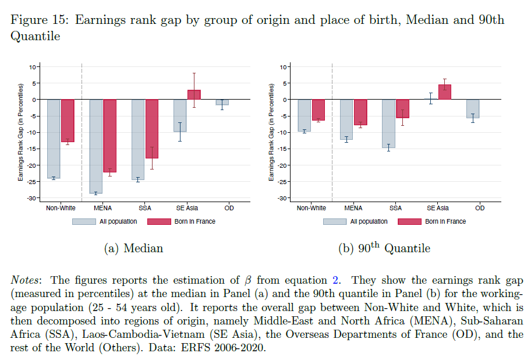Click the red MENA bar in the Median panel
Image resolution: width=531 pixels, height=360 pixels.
point(110,136)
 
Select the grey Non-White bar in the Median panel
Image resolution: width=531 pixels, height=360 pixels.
point(54,139)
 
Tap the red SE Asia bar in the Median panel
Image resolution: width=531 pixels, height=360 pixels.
point(194,94)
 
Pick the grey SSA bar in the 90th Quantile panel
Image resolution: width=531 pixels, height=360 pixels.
point(388,123)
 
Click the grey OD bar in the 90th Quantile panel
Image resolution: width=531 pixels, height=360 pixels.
point(472,109)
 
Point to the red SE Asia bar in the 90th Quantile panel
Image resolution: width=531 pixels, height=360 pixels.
point(445,92)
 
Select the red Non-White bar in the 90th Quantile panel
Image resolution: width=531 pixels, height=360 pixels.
point(318,110)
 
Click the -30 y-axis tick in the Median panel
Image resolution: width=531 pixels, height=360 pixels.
point(33,198)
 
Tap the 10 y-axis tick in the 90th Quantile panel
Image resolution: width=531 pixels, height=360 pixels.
point(285,67)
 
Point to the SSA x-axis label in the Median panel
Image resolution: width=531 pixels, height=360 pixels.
point(145,208)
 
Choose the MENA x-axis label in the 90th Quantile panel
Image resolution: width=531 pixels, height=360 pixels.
point(353,208)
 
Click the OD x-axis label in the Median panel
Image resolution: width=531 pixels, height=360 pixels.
point(229,208)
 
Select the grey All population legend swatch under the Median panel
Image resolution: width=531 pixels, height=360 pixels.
point(84,221)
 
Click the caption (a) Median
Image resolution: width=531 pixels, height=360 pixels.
point(133,248)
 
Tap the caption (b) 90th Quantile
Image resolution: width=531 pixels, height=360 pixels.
point(384,248)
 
